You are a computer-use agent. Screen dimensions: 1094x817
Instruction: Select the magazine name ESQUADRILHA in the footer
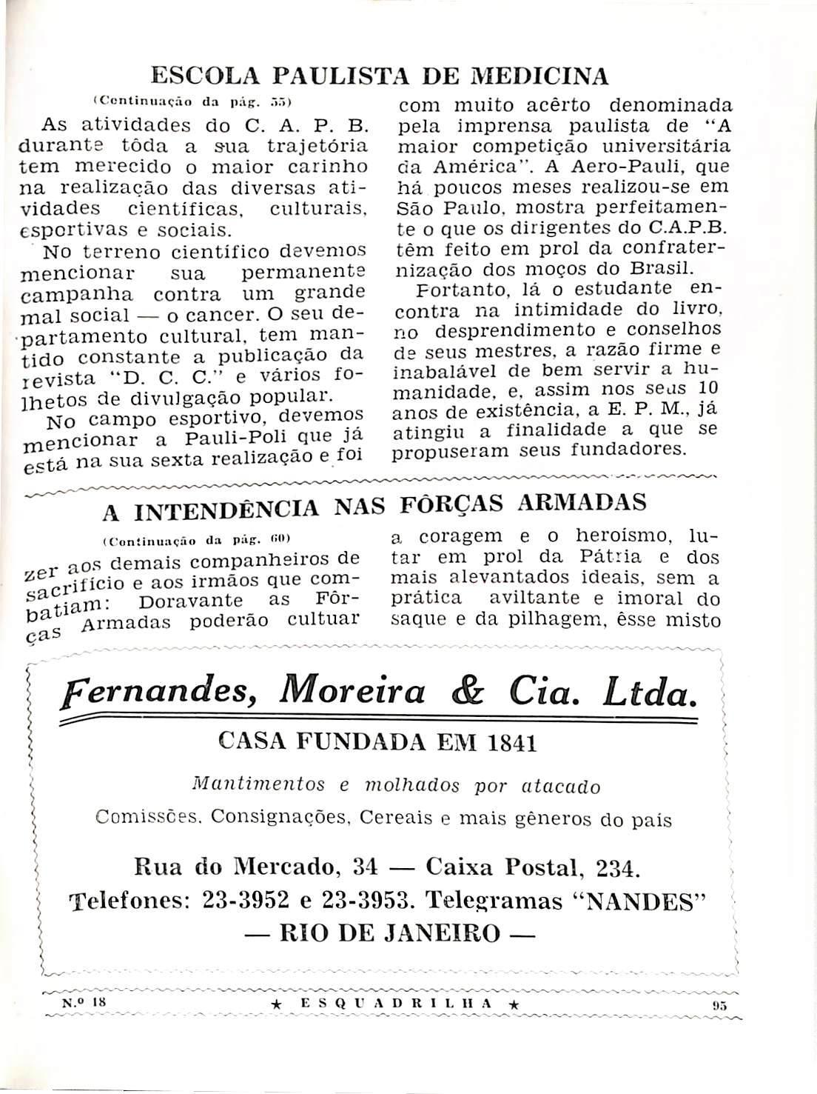pyautogui.click(x=402, y=1004)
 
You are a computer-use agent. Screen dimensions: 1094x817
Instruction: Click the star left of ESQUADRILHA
pyautogui.click(x=276, y=1004)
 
